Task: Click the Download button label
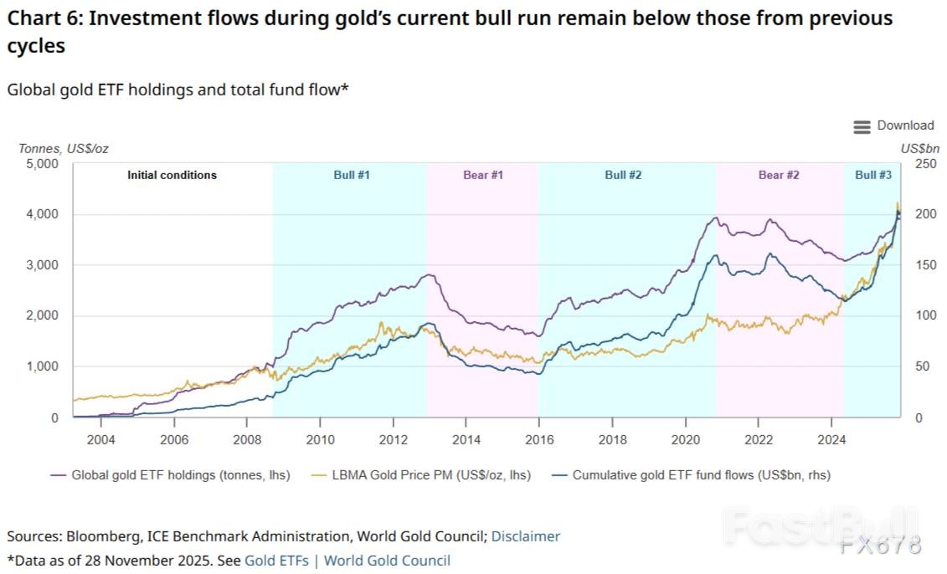tap(905, 126)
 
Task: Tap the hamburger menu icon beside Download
tap(862, 126)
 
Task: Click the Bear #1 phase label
tap(483, 175)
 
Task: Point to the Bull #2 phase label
tap(623, 175)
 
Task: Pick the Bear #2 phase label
tap(779, 175)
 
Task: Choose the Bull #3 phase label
tap(872, 175)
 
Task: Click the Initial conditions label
tap(172, 175)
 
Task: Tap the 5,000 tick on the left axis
tap(41, 164)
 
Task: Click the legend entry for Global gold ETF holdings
tap(180, 474)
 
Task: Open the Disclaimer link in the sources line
tap(525, 536)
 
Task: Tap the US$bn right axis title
tap(920, 148)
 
